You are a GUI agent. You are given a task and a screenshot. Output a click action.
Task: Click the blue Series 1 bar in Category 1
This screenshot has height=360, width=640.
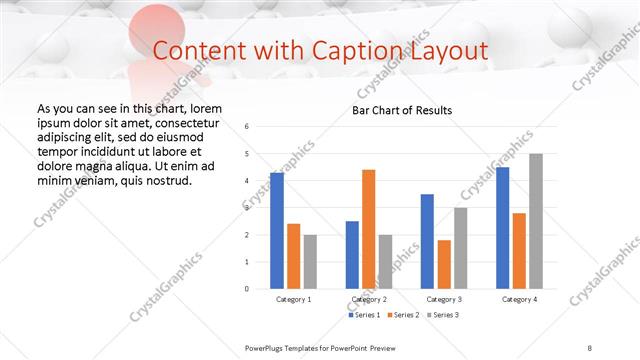[x=277, y=231]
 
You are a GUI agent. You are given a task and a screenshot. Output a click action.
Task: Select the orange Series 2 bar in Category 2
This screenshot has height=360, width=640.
[x=369, y=229]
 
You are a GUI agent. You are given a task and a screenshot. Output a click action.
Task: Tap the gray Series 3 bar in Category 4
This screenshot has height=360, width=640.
[x=536, y=221]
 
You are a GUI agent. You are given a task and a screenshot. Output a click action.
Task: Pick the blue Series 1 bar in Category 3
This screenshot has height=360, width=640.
[x=427, y=241]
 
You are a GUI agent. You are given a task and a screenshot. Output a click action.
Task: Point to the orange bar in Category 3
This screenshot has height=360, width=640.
[x=444, y=264]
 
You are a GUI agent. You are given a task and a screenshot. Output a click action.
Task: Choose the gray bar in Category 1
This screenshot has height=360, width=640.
[x=310, y=261]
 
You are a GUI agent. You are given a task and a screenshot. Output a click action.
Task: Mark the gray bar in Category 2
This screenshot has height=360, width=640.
[x=386, y=261]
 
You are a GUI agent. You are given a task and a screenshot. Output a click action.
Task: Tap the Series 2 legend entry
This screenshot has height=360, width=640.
[x=402, y=315]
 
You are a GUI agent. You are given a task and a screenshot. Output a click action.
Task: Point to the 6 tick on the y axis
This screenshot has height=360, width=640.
[x=246, y=126]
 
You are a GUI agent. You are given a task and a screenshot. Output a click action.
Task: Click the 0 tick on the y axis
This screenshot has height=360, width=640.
[x=246, y=289]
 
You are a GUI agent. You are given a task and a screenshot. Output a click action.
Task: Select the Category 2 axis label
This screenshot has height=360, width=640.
[x=369, y=299]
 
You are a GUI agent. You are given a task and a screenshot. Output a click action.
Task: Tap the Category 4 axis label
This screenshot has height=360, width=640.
[x=519, y=299]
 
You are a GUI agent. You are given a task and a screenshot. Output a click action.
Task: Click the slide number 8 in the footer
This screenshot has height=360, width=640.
[x=590, y=347]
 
